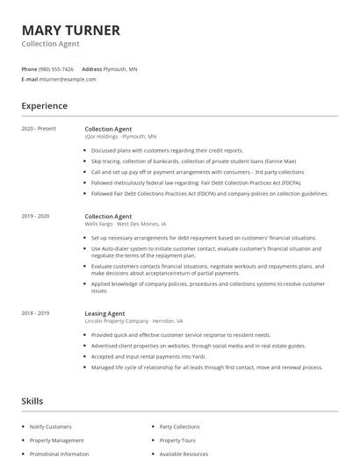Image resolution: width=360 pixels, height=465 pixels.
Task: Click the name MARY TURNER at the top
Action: pos(70,30)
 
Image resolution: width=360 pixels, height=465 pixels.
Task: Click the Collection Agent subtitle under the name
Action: pos(50,44)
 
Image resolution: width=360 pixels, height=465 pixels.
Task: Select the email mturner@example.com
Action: pos(68,79)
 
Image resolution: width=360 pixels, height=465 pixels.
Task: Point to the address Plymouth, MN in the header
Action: pos(120,68)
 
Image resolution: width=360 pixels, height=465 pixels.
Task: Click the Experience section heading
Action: pos(44,106)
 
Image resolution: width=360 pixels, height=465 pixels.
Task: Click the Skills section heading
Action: pos(32,401)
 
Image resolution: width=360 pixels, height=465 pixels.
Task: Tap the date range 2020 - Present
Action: pos(40,129)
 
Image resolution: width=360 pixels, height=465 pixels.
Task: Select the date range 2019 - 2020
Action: pos(36,216)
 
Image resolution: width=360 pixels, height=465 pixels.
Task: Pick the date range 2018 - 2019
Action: pos(36,313)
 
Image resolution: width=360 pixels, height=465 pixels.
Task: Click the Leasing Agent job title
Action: pos(104,313)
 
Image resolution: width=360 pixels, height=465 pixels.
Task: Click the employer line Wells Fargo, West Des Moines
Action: pos(125,225)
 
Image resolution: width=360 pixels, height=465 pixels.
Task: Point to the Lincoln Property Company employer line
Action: pos(133,321)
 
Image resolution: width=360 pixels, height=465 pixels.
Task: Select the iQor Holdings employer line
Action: pos(120,137)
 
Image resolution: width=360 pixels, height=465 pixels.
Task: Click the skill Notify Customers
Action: pos(51,426)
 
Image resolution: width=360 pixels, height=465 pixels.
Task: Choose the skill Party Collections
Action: pos(179,426)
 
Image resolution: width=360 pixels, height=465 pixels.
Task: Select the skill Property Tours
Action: pos(176,440)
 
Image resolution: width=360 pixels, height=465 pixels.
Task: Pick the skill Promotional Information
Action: pos(59,454)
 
